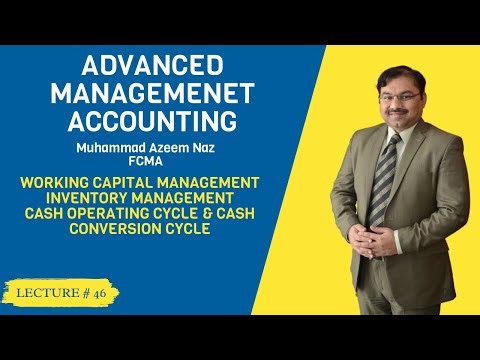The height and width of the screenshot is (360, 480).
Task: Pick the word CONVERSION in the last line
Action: pyautogui.click(x=124, y=228)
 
